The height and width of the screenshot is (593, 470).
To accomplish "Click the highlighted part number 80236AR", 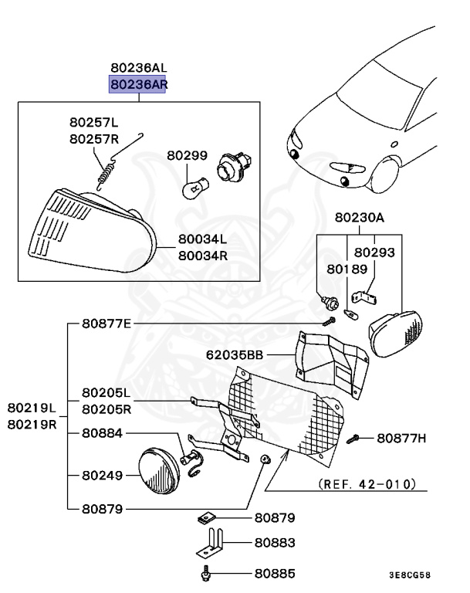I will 137,84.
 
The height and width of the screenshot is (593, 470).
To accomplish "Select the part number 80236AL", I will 137,68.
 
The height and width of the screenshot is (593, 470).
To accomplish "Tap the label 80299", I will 187,155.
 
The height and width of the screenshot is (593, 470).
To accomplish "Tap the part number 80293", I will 374,252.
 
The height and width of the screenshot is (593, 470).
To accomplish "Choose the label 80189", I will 341,269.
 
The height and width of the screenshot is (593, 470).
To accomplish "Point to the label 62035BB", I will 233,356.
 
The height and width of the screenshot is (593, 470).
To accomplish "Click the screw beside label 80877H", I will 354,439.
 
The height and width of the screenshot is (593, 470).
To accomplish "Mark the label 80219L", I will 32,408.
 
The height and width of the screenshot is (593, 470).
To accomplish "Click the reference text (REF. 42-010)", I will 367,484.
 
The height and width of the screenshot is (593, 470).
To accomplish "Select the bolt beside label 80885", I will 207,574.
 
